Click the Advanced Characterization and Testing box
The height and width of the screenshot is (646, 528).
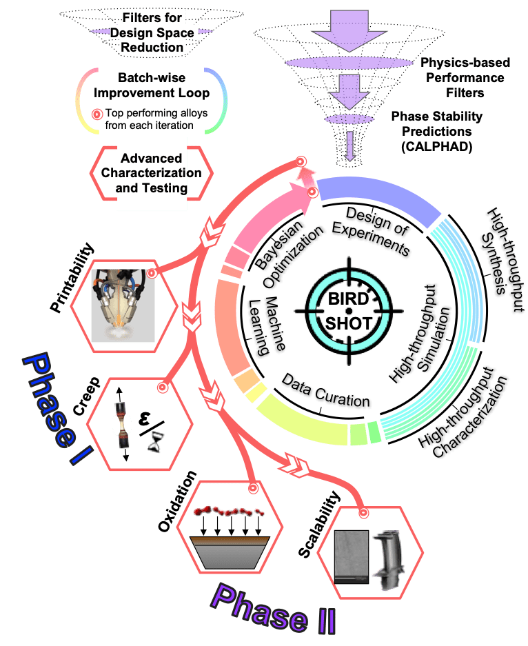(x=152, y=172)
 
